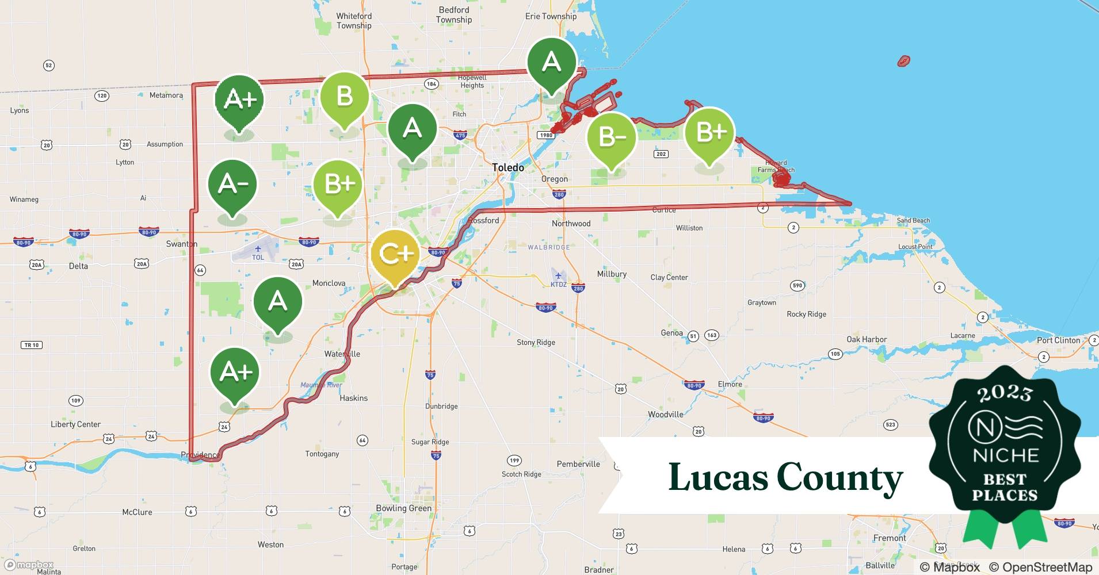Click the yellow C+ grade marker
[395, 254]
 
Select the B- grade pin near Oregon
[611, 137]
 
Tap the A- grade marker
[232, 184]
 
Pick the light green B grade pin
[344, 97]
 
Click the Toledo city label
[508, 167]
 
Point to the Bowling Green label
[403, 508]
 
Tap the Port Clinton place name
[1058, 340]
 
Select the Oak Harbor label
[866, 339]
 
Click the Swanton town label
[181, 244]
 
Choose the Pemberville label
[578, 464]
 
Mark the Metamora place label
[166, 95]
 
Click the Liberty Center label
[75, 424]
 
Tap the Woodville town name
[665, 414]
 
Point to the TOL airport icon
[257, 249]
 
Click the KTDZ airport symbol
[558, 275]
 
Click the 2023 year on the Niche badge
[1005, 393]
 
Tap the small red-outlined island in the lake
[904, 60]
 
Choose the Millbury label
[611, 274]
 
